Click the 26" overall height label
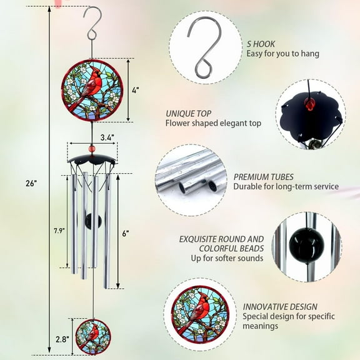tap(32, 183)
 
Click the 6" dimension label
tap(126, 233)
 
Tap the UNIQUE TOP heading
tap(189, 113)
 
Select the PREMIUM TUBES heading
tap(263, 177)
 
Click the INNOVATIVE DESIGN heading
tap(280, 306)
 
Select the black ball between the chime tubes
tap(92, 220)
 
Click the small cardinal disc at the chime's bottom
tap(93, 336)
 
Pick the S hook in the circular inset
tap(206, 47)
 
